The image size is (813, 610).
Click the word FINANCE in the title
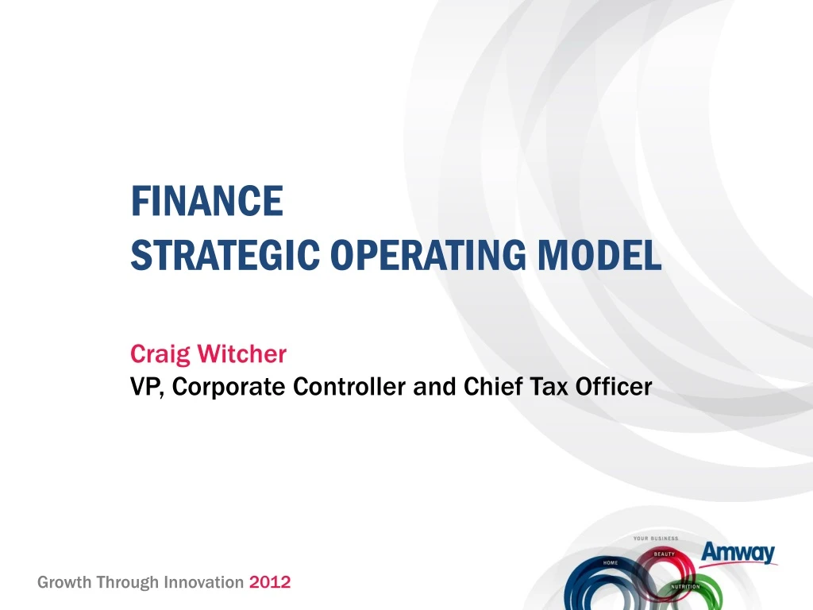pyautogui.click(x=207, y=201)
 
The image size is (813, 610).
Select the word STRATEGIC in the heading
pyautogui.click(x=225, y=255)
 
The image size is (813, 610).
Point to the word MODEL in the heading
pyautogui.click(x=599, y=255)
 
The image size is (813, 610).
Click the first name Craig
pyautogui.click(x=160, y=355)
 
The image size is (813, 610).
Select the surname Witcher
pyautogui.click(x=241, y=353)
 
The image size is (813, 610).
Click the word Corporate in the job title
pyautogui.click(x=228, y=388)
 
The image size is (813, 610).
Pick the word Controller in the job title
pyautogui.click(x=349, y=387)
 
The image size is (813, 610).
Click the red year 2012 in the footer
pyautogui.click(x=270, y=582)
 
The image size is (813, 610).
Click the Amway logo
pyautogui.click(x=738, y=553)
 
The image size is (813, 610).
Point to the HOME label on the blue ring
pyautogui.click(x=611, y=563)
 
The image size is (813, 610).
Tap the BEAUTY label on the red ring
pyautogui.click(x=665, y=554)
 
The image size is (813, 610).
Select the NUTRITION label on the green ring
pyautogui.click(x=685, y=587)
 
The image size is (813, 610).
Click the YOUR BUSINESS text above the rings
pyautogui.click(x=656, y=539)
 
